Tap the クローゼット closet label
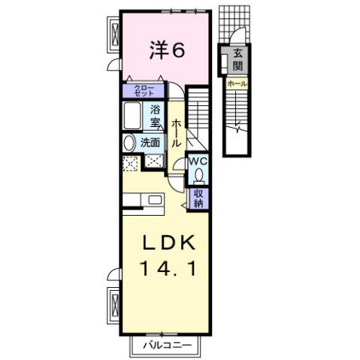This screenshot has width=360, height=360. click(x=144, y=91)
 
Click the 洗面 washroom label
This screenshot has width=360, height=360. click(x=150, y=143)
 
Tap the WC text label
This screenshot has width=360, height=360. click(x=198, y=161)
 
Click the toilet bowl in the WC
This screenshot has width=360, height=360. click(x=198, y=176)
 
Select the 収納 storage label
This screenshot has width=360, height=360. click(x=199, y=198)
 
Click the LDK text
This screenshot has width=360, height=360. click(x=170, y=244)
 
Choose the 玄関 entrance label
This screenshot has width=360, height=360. click(x=237, y=59)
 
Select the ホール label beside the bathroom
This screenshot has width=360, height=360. click(x=177, y=133)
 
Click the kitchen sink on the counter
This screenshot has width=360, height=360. click(x=156, y=200)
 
